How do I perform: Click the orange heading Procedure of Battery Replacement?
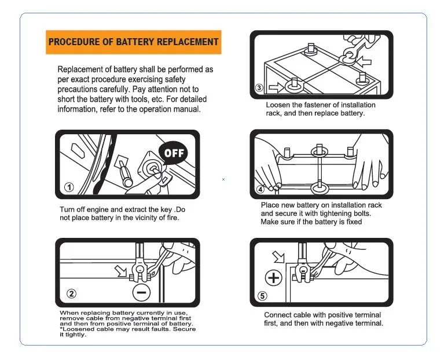pos(133,42)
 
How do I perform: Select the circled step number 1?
pos(69,187)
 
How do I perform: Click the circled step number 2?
pos(71,293)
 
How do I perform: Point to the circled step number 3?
pos(260,88)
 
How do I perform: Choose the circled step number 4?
pos(260,189)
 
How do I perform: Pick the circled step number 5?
pos(262,296)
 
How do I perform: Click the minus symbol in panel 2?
pos(141,292)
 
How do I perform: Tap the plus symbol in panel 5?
pos(273,278)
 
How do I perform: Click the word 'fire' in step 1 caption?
pos(173,218)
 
